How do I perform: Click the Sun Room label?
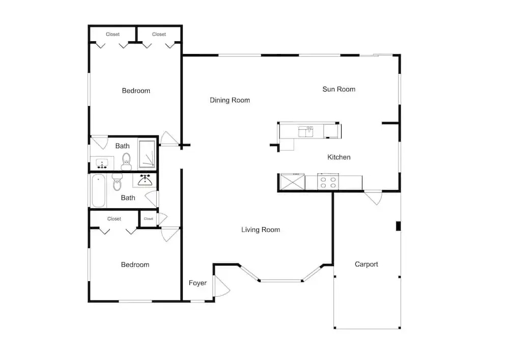point(338,89)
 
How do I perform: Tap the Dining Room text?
point(230,100)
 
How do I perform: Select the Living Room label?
point(260,230)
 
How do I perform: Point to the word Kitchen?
point(338,157)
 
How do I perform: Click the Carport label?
point(366,264)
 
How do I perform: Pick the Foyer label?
point(197,283)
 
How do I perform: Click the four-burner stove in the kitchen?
point(328,182)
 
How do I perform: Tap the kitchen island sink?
point(306,132)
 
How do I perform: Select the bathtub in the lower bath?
point(98,191)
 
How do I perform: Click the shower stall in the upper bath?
point(147,154)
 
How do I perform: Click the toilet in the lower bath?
point(117,182)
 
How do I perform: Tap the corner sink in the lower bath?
point(145,180)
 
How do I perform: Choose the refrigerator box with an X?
point(293,182)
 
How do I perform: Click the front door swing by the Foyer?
point(222,286)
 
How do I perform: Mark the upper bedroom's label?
point(136,91)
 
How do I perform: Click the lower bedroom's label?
point(135,265)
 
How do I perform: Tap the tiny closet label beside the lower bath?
point(148,219)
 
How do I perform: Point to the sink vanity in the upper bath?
point(102,163)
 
